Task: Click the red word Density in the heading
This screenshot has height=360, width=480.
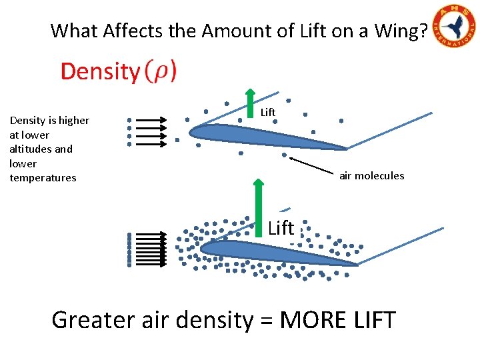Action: pyautogui.click(x=99, y=71)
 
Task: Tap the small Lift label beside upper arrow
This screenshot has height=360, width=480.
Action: pyautogui.click(x=268, y=112)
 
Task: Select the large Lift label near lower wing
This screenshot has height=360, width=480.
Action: pyautogui.click(x=281, y=228)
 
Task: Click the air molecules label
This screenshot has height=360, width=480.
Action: pyautogui.click(x=371, y=176)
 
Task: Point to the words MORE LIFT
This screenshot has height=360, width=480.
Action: pyautogui.click(x=338, y=320)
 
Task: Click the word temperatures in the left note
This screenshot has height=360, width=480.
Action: pyautogui.click(x=43, y=178)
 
